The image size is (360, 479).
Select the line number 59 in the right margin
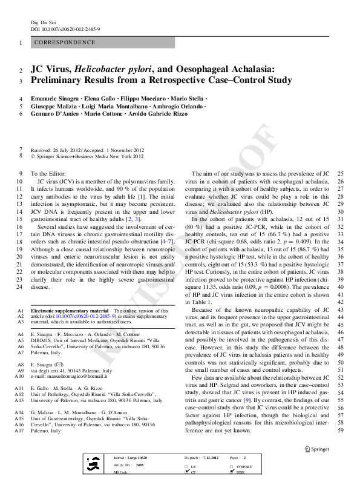coord(341,431)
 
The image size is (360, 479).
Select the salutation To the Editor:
coord(47,174)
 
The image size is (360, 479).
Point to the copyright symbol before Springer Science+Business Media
coord(33,156)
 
